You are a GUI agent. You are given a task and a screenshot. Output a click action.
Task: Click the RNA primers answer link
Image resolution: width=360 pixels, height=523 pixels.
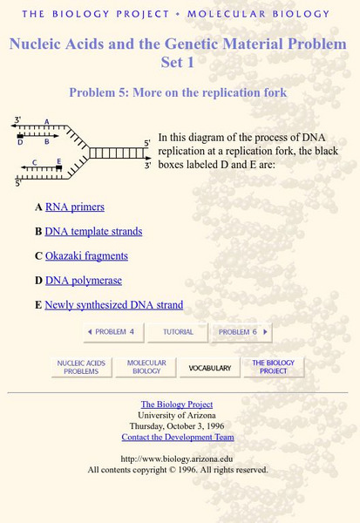[74, 207]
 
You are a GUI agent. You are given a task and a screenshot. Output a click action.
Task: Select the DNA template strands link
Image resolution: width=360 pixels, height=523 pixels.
[93, 232]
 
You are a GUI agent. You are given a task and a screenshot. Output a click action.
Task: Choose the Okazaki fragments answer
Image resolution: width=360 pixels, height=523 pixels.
[86, 256]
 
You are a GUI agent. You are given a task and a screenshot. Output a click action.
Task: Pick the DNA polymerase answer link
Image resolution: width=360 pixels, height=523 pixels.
[83, 281]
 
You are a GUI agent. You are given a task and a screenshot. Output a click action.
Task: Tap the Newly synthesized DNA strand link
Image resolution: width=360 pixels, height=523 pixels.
[113, 305]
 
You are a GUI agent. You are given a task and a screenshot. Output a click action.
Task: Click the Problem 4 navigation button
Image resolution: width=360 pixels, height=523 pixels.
[112, 332]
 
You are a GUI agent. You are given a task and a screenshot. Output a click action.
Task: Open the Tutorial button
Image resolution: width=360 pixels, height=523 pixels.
[178, 332]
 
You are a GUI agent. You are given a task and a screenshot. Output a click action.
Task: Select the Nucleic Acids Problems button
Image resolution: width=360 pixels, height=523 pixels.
[81, 367]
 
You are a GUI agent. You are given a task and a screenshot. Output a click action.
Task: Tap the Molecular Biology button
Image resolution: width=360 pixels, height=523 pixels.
[146, 367]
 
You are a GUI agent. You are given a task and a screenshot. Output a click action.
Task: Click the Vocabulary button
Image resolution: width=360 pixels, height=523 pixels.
[210, 368]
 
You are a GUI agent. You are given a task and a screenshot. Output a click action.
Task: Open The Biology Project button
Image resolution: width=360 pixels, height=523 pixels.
[273, 367]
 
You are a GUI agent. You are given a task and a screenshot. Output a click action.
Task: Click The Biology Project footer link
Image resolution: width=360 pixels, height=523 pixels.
[177, 404]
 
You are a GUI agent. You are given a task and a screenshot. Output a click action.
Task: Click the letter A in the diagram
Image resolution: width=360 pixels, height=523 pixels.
[46, 122]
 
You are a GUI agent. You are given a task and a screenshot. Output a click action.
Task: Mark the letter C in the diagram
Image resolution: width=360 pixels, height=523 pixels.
[34, 162]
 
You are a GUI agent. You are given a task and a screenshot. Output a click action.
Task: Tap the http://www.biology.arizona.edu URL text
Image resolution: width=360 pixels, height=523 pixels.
[177, 459]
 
